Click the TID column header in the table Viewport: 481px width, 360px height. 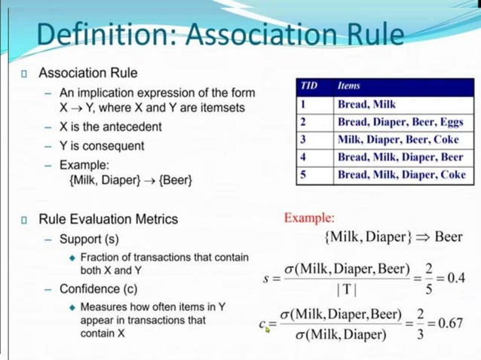click(308, 87)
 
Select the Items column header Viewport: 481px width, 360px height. click(349, 87)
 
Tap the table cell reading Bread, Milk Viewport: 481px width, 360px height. click(366, 104)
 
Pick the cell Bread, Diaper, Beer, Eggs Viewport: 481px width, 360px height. click(400, 122)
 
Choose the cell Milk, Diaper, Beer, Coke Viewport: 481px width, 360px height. click(397, 139)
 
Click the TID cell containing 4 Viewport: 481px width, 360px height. click(303, 157)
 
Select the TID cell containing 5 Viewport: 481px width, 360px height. click(303, 175)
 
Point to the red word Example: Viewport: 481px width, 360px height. click(309, 218)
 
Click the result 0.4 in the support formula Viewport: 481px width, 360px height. click(455, 277)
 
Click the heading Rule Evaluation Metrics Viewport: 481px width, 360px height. click(109, 219)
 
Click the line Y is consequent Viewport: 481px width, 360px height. click(102, 145)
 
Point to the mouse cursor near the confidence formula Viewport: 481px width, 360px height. click(267, 329)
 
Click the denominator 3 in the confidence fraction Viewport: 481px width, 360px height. click(421, 334)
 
